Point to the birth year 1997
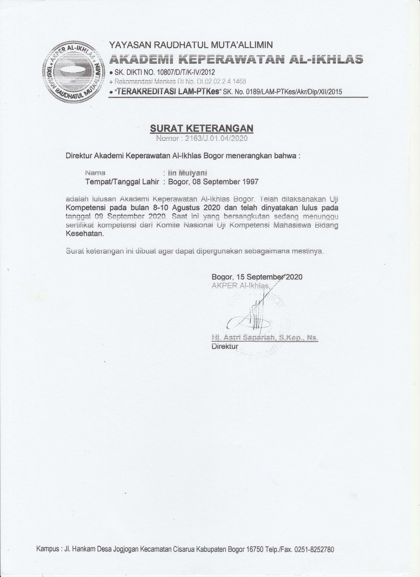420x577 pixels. [250, 182]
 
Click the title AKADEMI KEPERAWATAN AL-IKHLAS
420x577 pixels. [236, 59]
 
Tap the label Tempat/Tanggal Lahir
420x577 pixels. [122, 182]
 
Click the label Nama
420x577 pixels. [95, 173]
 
